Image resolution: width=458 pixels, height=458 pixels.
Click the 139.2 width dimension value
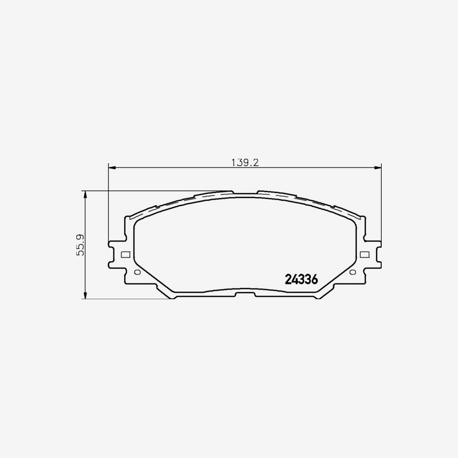(x=245, y=162)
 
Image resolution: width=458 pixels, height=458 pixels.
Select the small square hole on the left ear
(x=126, y=254)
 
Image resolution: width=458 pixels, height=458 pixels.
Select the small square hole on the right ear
(x=364, y=254)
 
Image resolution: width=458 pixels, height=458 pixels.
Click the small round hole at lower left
(x=136, y=272)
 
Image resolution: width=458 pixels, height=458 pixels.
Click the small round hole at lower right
(x=353, y=272)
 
